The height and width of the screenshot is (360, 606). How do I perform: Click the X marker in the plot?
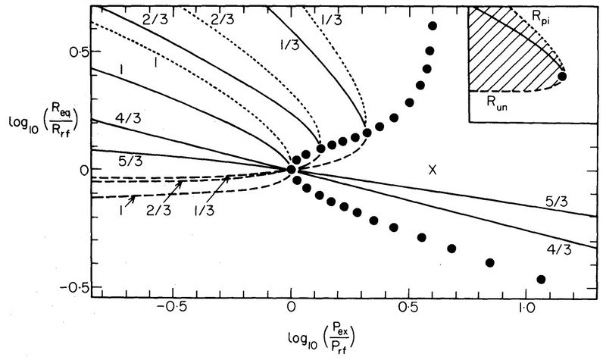click(x=433, y=171)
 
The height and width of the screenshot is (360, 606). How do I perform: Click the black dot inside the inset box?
click(x=562, y=76)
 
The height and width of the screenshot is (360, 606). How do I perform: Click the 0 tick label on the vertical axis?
click(x=73, y=170)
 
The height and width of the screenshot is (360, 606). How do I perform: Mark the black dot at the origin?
click(x=292, y=168)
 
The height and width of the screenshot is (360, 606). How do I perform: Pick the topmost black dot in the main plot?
click(x=433, y=27)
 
